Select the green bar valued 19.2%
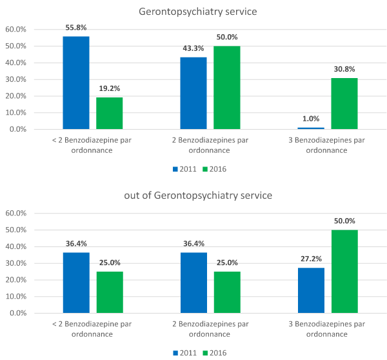[110, 113]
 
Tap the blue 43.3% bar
[193, 93]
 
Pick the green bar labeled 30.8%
[344, 103]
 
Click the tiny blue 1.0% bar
[311, 128]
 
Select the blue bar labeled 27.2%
[311, 290]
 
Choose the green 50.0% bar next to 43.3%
[227, 87]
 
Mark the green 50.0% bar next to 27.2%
[344, 271]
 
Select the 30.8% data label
[344, 70]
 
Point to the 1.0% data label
[311, 119]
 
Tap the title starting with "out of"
[193, 195]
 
